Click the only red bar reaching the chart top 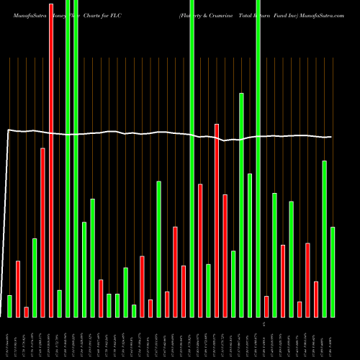[x=51, y=158]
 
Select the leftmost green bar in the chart [x=9, y=306]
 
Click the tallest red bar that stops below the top [x=217, y=220]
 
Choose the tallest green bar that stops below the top [x=242, y=205]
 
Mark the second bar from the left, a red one [x=18, y=289]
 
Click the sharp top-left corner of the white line [x=8, y=130]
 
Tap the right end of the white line [x=332, y=137]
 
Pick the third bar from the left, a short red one [x=27, y=312]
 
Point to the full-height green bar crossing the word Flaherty [x=192, y=158]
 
